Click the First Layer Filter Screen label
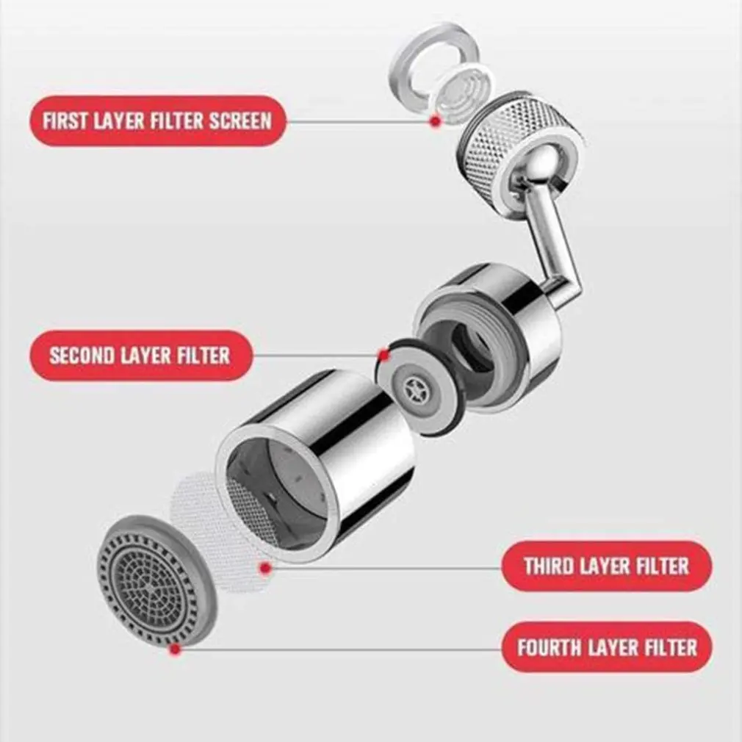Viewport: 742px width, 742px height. click(157, 120)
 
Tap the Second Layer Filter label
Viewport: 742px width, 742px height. click(140, 356)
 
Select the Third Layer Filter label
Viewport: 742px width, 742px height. click(606, 566)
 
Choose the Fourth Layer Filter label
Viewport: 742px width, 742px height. click(606, 647)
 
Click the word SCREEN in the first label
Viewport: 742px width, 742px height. click(239, 120)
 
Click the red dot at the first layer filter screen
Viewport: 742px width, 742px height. click(435, 120)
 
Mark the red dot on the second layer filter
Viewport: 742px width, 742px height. click(383, 356)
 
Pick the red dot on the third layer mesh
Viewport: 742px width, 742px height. click(265, 567)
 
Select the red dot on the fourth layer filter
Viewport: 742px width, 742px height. click(174, 648)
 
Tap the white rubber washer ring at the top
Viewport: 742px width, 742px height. click(433, 55)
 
